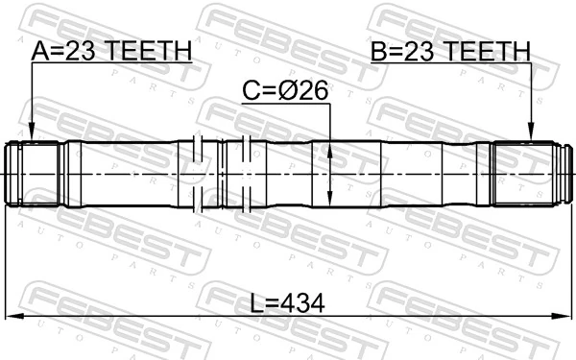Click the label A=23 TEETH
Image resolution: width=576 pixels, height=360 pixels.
[110, 51]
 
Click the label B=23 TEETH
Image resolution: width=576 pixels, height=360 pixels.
[450, 51]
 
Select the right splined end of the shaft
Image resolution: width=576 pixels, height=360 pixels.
[523, 174]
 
